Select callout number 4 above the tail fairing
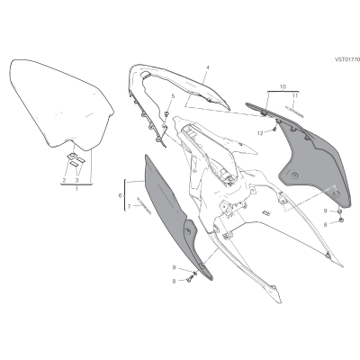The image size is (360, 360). [208, 67]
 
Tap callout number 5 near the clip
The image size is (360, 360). [173, 96]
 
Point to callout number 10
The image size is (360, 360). [283, 86]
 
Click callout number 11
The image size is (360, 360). [295, 95]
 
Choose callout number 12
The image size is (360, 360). [260, 133]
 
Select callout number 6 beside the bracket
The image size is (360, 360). [121, 195]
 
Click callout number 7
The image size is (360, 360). [129, 206]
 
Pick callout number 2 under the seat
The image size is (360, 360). [64, 180]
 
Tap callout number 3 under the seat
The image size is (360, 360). [76, 180]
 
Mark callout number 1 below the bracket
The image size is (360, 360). [76, 189]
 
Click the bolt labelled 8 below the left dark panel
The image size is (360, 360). [190, 280]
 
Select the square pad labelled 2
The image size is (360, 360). [71, 156]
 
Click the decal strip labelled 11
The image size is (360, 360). [294, 112]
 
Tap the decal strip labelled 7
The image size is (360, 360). [144, 205]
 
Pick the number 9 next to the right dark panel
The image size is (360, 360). [325, 211]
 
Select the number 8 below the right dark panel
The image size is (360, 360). [325, 224]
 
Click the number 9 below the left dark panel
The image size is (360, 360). [174, 267]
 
